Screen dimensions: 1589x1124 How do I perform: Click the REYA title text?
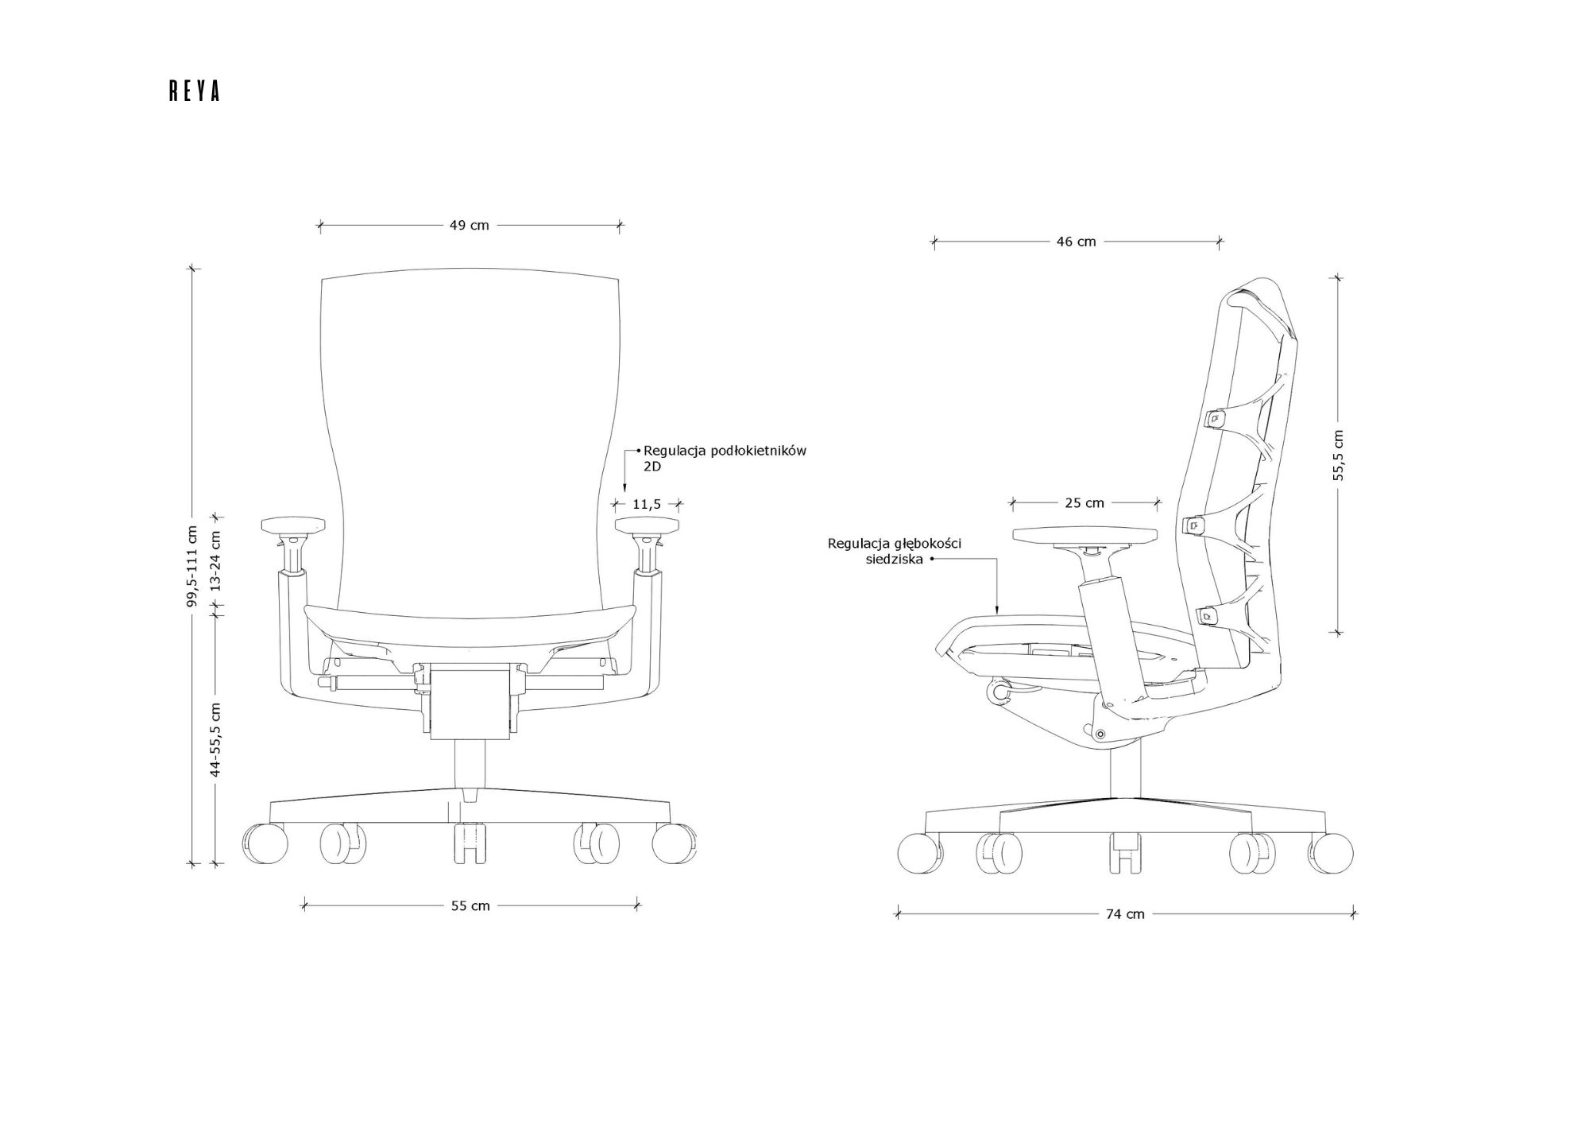[194, 91]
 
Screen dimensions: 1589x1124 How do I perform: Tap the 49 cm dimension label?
[470, 225]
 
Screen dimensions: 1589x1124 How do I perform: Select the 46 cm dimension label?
[1077, 242]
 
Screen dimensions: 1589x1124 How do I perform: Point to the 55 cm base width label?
[470, 905]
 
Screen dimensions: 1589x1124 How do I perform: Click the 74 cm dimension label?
[1126, 914]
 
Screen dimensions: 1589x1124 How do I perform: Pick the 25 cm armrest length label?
[1084, 502]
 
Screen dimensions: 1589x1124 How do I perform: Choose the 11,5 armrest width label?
[647, 504]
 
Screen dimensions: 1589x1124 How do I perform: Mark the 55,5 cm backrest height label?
[1339, 455]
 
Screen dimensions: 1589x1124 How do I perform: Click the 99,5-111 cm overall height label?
[191, 566]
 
